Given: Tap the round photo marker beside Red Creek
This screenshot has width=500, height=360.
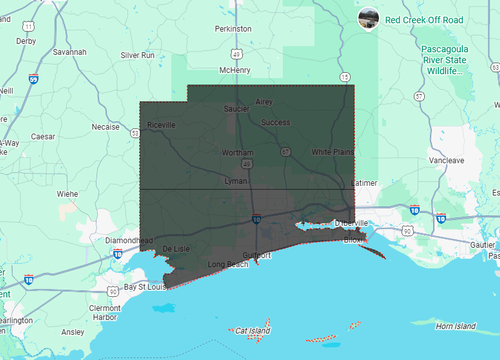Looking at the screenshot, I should tap(368, 18).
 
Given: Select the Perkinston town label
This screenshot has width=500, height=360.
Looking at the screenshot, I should tap(233, 29).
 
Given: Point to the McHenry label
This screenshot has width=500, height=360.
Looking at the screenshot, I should tap(234, 70).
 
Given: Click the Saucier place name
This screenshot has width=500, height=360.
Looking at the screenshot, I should tap(236, 109).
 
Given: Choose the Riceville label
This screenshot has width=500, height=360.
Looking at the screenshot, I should tap(161, 124).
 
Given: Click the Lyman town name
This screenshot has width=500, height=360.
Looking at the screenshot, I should tap(236, 182).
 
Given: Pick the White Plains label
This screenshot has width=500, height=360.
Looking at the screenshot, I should tap(332, 151).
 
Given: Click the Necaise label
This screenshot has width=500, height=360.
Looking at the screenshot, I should tap(105, 128).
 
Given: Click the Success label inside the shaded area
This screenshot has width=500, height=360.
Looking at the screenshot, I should tap(275, 122).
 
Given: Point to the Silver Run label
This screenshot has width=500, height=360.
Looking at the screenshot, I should tap(137, 55).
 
